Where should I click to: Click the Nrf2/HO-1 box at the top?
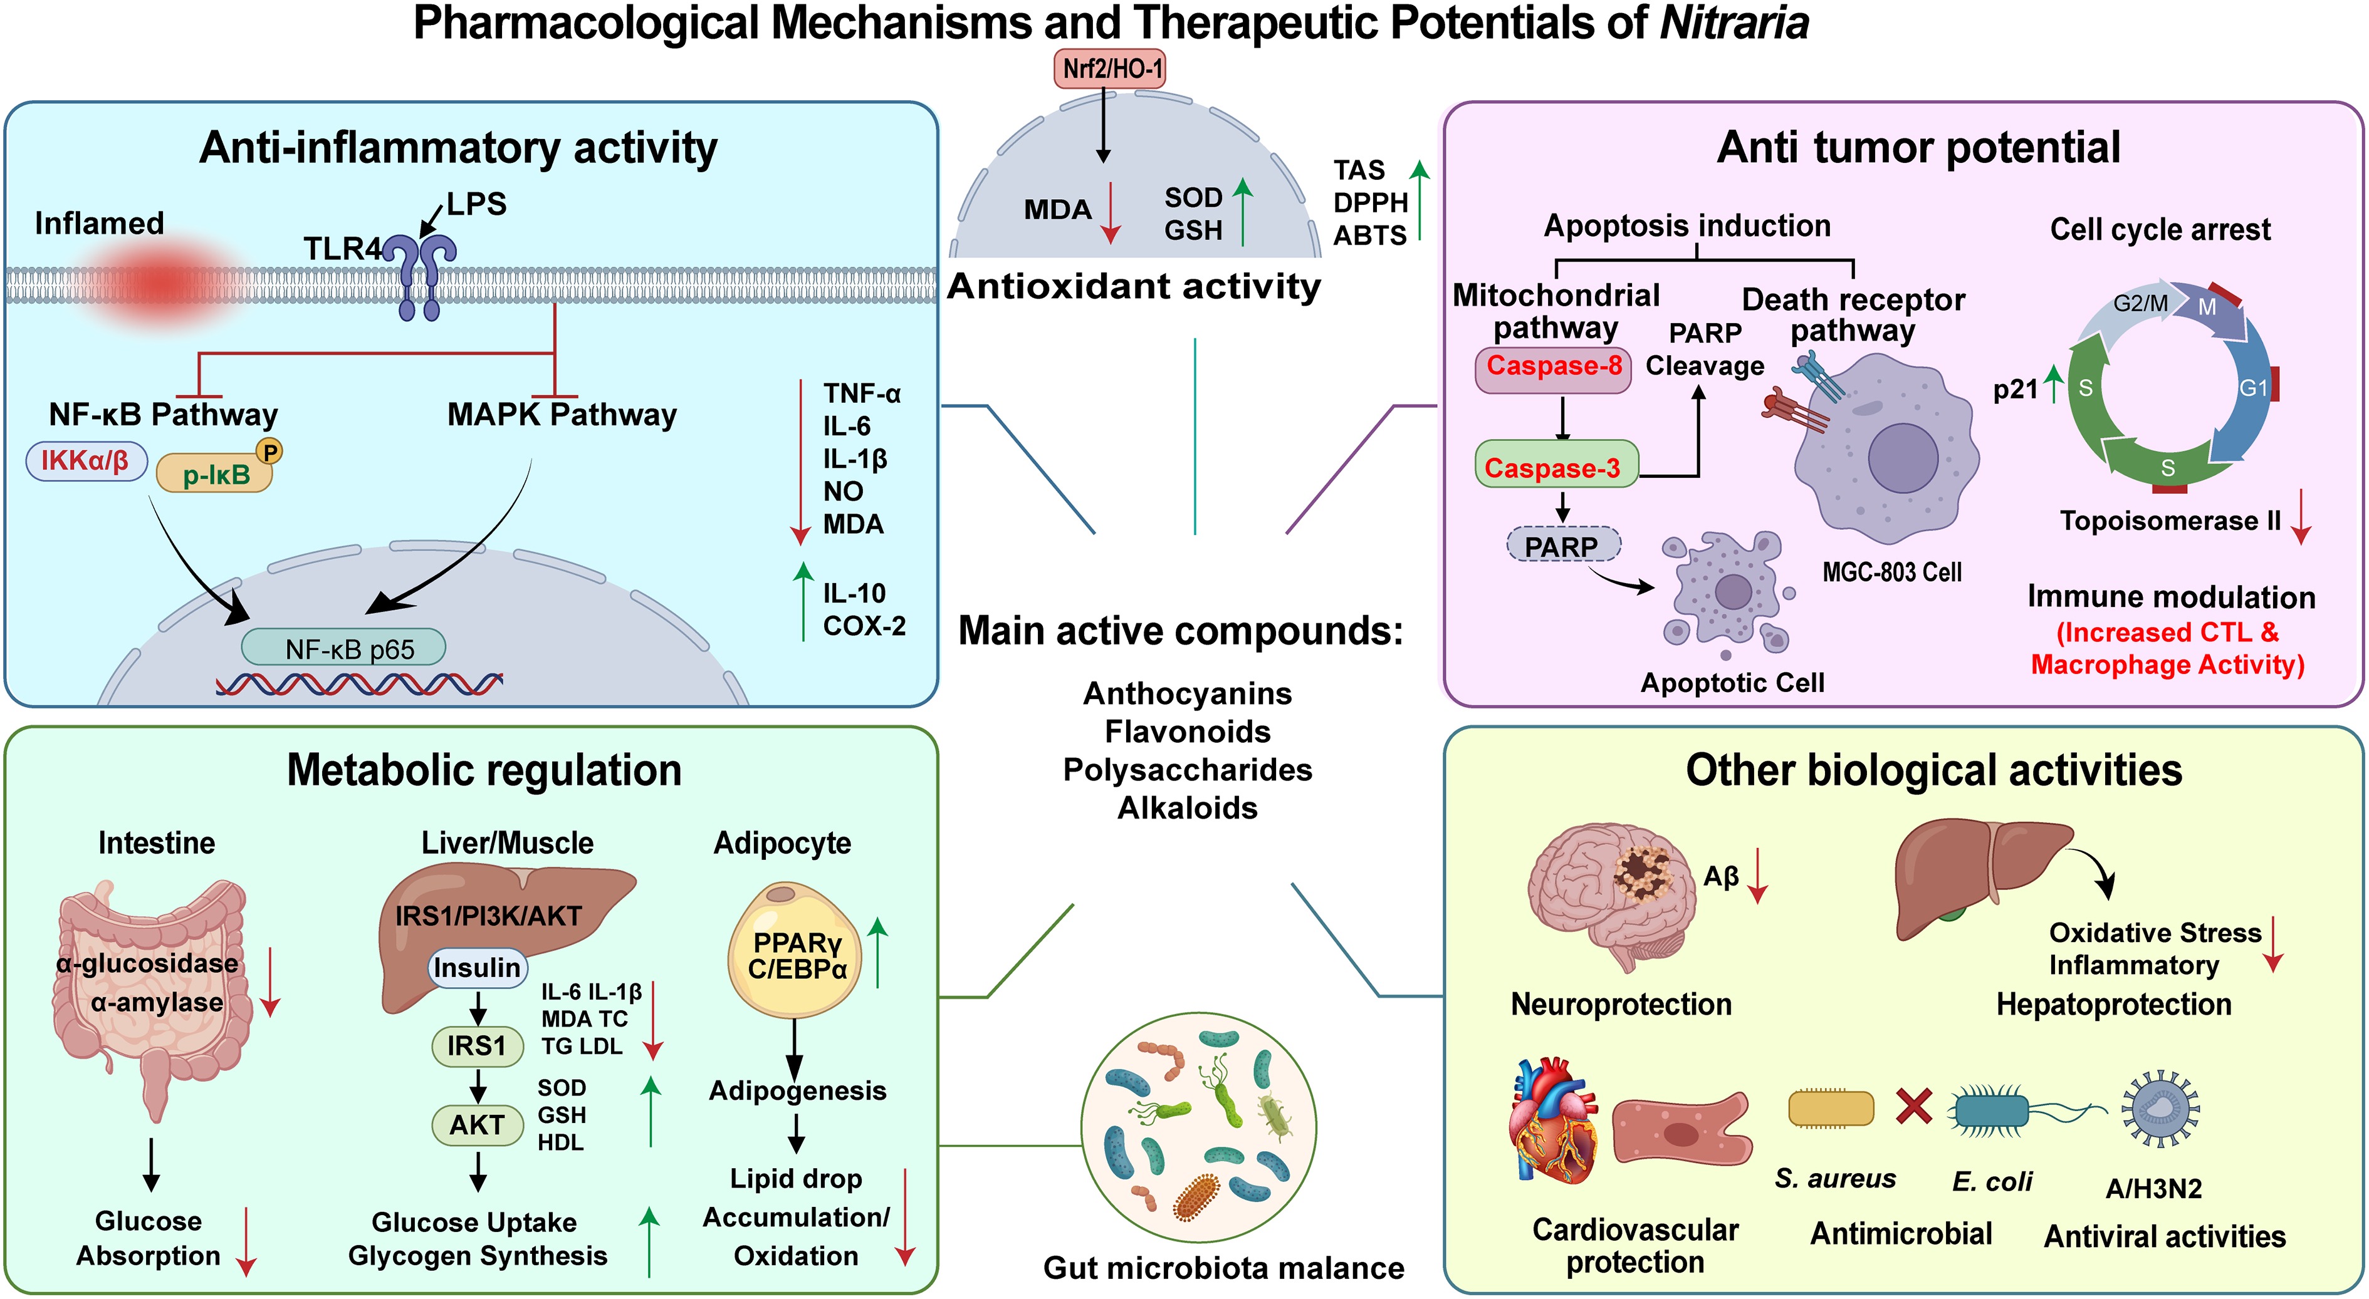(1110, 69)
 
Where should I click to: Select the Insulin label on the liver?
(476, 968)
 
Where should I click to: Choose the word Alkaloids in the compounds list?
(1187, 808)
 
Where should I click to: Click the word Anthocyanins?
(1187, 693)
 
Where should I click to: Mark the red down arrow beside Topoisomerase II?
(2301, 517)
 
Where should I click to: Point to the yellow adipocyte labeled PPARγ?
(795, 950)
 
